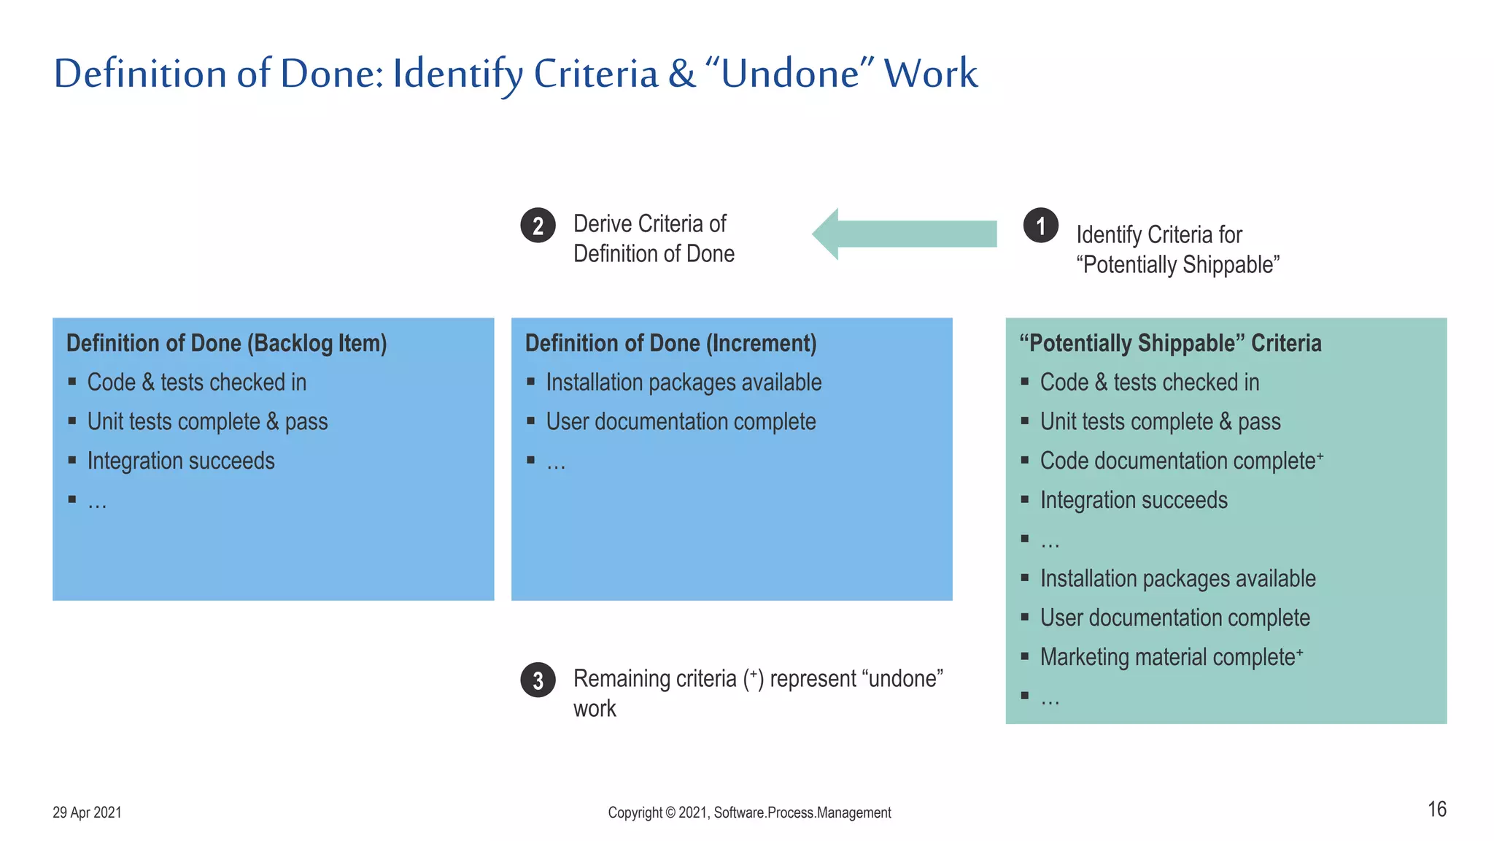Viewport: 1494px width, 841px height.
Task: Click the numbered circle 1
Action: pos(1040,226)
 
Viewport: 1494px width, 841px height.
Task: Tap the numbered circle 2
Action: pos(538,226)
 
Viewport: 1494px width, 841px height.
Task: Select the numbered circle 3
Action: pos(538,680)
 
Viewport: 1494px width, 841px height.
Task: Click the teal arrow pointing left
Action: pos(905,234)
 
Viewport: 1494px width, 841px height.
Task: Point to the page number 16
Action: pos(1436,809)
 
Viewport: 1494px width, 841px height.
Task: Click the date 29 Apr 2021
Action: pos(87,813)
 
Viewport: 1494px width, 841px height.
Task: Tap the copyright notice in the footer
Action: pos(749,813)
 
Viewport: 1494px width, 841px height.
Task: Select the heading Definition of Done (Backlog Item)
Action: pos(226,343)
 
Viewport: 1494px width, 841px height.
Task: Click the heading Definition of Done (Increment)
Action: pos(670,343)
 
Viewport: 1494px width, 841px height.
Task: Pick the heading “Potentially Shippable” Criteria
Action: pos(1170,343)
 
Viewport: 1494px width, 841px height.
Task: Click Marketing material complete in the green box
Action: pos(1170,657)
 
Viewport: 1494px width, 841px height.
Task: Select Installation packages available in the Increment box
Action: pos(684,383)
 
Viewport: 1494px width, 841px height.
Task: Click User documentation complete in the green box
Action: pos(1174,618)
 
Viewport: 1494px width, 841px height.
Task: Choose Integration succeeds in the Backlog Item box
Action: pos(181,461)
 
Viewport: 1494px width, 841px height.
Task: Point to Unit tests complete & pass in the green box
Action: pos(1160,421)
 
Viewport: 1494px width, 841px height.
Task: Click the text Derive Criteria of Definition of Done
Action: pos(653,239)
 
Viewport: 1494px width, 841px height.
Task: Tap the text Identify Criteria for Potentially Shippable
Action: pos(1177,250)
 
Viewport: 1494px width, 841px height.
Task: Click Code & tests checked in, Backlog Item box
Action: pos(197,383)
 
